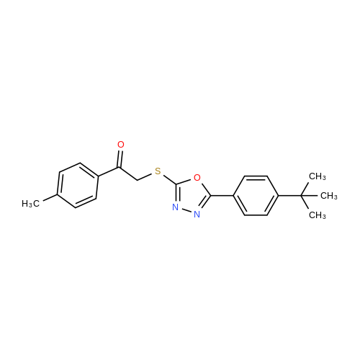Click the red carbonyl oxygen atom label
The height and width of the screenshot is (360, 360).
point(121,145)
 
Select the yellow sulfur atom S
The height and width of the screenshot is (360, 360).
point(158,171)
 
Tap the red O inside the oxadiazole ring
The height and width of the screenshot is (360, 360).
point(197,178)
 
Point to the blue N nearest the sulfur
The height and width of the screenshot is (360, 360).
point(176,207)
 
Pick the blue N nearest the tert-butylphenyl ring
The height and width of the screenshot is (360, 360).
point(197,215)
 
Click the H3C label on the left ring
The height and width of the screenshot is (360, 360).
point(30,204)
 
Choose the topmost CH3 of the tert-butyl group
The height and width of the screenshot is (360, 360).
point(318,176)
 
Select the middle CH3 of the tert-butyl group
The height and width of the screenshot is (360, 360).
point(329,196)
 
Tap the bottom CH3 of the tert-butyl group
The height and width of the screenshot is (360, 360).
point(318,215)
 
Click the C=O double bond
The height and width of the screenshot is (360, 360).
point(120,158)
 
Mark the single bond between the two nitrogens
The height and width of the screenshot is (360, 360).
point(186,211)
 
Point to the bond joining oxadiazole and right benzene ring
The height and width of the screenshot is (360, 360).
point(222,196)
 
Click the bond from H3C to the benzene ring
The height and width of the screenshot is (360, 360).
point(50,197)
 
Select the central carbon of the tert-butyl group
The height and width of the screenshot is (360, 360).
point(302,196)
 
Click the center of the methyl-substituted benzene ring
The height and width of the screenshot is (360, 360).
point(78,185)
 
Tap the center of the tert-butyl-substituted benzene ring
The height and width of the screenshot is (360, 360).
point(256,196)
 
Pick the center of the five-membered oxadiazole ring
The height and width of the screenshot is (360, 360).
point(192,196)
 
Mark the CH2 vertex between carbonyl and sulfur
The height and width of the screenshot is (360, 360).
point(138,180)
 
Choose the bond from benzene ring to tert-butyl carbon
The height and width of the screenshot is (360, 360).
point(290,196)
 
